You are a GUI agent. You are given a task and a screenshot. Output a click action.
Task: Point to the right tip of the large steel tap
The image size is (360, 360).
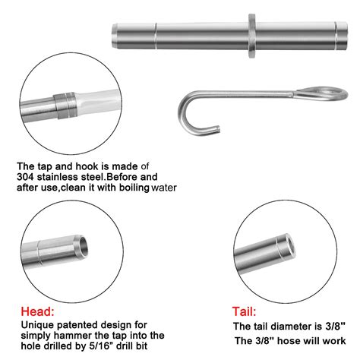339,34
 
